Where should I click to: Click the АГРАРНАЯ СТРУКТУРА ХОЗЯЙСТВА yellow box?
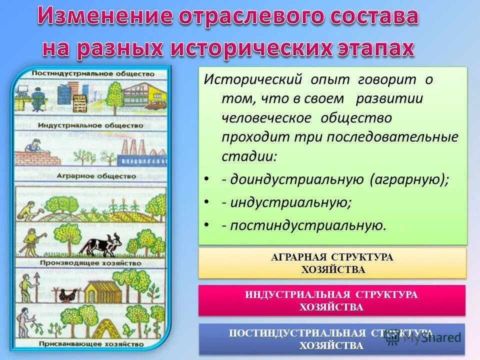pyautogui.click(x=332, y=263)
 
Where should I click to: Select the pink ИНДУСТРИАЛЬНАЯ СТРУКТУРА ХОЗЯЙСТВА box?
pyautogui.click(x=331, y=300)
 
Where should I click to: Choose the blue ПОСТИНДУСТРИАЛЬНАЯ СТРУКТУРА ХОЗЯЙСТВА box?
pyautogui.click(x=331, y=339)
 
